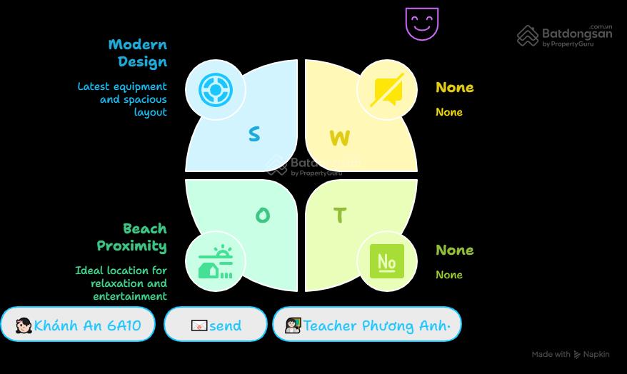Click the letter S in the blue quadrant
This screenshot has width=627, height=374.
point(254,134)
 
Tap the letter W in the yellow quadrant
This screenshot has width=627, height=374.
point(340,138)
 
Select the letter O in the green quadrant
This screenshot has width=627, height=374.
point(263,216)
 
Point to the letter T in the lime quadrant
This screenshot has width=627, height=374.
point(340,215)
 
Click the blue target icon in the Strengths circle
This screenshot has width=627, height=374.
point(216,90)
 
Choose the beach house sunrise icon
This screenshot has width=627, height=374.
point(215,261)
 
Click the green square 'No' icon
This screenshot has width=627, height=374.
point(386,261)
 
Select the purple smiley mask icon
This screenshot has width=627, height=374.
point(422,24)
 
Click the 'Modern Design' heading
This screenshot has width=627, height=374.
point(138,53)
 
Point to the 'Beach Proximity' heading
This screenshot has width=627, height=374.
point(132,238)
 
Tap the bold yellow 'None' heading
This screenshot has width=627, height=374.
point(455,87)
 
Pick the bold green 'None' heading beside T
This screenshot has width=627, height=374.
point(455,250)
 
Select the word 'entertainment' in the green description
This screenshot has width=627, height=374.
point(130,296)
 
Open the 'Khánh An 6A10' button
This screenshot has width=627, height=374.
point(78,324)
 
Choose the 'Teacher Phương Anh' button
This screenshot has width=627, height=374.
point(366,324)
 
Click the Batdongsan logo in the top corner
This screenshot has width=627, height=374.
point(565,36)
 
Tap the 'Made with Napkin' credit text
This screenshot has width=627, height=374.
point(571,355)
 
